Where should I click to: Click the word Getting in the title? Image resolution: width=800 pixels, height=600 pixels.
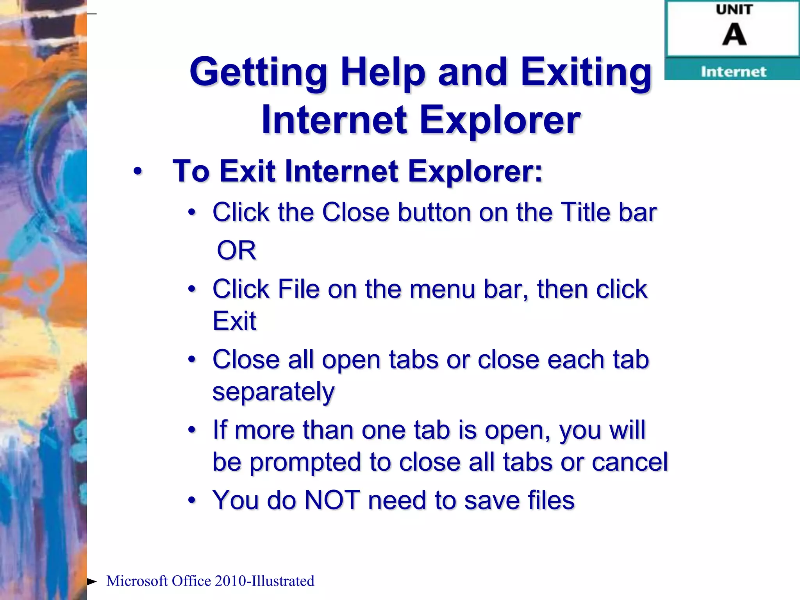258,73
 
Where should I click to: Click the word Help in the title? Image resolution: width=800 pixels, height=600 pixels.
382,73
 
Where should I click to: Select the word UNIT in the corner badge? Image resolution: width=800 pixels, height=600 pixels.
734,10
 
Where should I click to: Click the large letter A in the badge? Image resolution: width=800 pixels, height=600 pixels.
734,34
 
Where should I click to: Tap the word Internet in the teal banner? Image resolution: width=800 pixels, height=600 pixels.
733,71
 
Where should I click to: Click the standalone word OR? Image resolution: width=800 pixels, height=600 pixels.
236,250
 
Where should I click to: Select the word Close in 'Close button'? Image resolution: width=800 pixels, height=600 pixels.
355,212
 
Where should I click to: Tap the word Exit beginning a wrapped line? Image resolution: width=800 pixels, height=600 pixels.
234,321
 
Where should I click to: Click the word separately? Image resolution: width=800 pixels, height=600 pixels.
273,392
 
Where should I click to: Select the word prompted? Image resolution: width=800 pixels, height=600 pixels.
305,462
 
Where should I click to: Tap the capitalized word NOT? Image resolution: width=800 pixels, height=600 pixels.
332,500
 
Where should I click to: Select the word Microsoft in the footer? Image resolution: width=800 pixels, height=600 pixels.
137,581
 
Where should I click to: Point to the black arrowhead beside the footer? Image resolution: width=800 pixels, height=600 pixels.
92,582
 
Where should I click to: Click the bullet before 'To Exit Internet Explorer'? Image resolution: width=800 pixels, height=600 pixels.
137,171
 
